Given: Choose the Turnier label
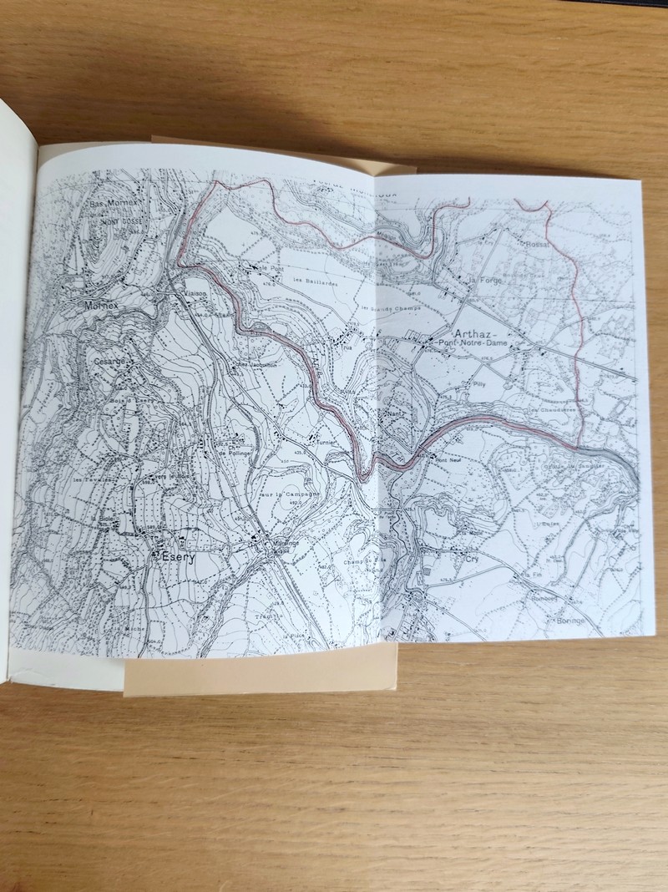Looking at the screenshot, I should (x=322, y=444).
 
